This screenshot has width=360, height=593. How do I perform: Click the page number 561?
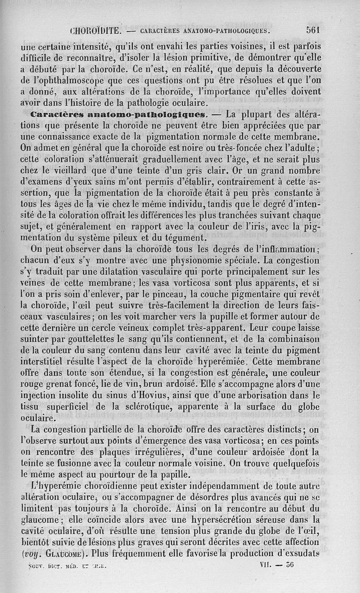tap(312, 30)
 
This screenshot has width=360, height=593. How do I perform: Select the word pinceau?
tap(190, 293)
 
